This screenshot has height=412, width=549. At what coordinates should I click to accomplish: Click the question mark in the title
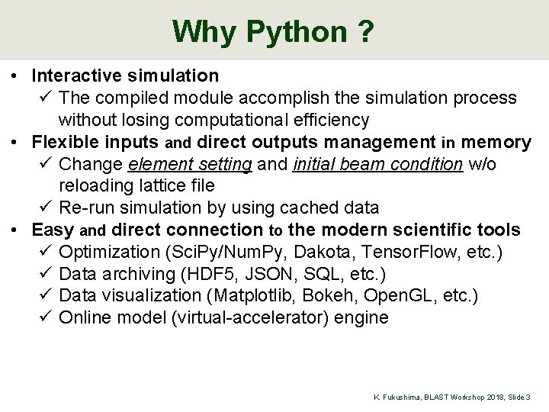tap(364, 32)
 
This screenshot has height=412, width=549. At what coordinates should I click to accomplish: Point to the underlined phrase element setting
tap(191, 164)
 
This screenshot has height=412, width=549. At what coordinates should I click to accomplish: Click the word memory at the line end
tap(496, 142)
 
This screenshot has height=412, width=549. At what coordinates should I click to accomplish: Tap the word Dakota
tap(334, 252)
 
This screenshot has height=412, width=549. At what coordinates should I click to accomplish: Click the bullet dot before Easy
tap(15, 230)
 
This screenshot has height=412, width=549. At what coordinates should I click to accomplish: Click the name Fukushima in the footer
tap(402, 398)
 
